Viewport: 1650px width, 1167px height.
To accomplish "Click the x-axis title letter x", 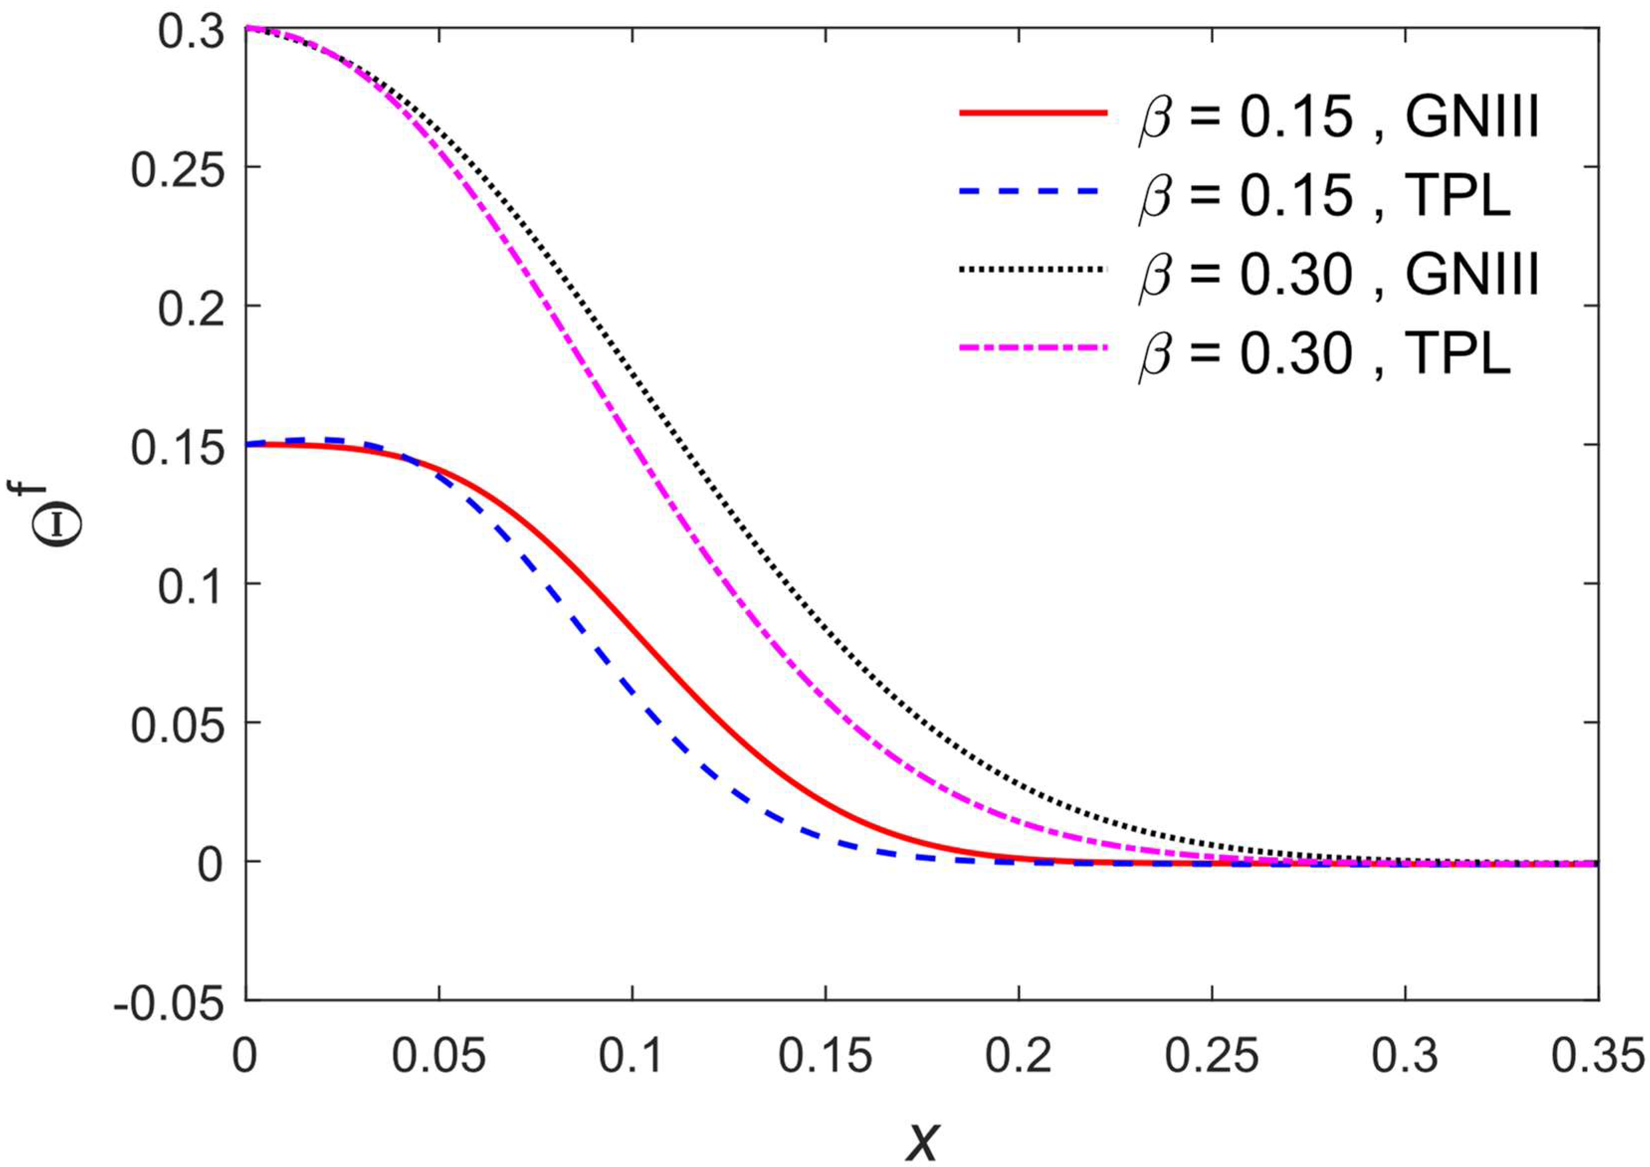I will pyautogui.click(x=922, y=1140).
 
